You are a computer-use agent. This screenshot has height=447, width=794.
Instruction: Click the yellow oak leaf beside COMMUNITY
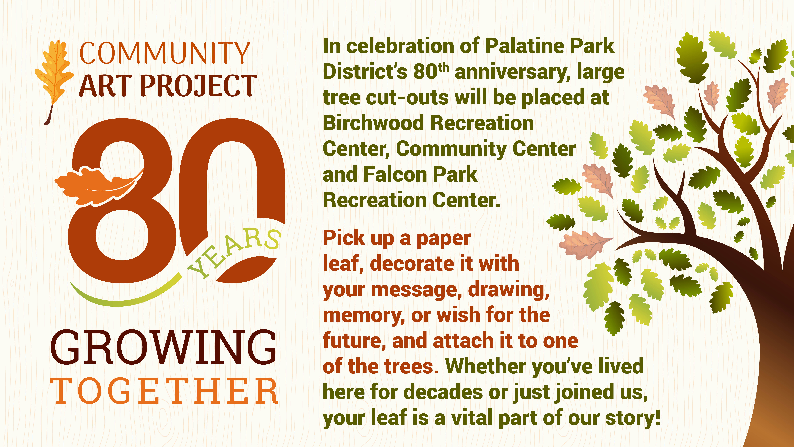click(54, 82)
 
